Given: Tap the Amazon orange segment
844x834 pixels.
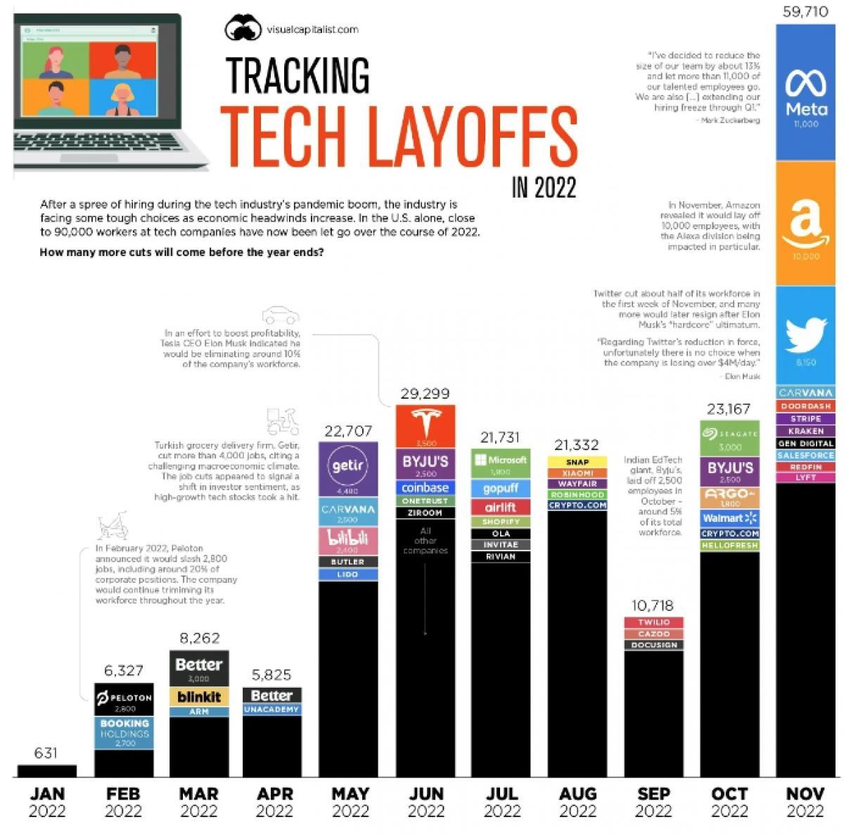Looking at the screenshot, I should tap(806, 224).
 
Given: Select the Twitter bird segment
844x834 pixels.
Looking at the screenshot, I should tap(806, 335).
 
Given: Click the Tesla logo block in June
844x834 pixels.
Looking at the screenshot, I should tap(426, 426).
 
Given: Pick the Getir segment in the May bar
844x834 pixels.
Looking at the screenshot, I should tap(349, 468).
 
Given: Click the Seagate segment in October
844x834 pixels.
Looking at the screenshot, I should tap(730, 438).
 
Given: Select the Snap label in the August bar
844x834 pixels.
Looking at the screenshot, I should tap(577, 462).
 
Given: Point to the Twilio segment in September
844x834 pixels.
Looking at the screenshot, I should tap(653, 622).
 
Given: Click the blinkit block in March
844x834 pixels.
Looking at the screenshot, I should tap(199, 697).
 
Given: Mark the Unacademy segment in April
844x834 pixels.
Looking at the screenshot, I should tap(271, 710).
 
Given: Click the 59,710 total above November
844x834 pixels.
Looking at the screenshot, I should tap(805, 12).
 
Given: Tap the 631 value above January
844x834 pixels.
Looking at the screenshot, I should tap(46, 753).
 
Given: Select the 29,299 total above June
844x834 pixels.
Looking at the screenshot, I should tap(425, 393).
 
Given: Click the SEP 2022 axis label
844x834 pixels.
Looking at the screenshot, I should tap(653, 802).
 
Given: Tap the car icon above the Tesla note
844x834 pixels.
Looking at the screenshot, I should tap(280, 314).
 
